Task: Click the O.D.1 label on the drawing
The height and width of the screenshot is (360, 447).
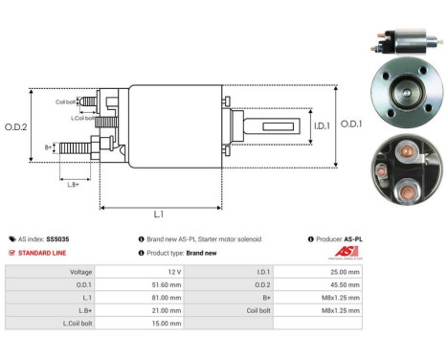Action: pos(350,123)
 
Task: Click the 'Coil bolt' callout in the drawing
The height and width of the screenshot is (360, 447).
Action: pos(65,101)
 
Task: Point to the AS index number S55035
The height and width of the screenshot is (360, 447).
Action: pos(56,238)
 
